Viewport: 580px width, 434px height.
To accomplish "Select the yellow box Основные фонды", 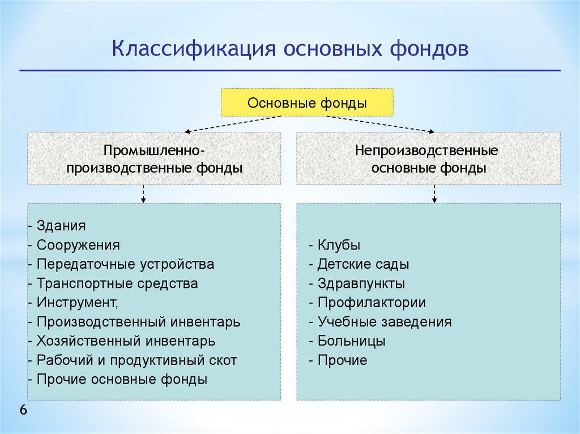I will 307,103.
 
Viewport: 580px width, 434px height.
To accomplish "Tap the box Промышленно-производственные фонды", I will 154,159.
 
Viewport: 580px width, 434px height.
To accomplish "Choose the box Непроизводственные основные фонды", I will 428,159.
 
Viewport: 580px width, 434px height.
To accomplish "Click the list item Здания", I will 61,226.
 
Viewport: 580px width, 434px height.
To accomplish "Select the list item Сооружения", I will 78,245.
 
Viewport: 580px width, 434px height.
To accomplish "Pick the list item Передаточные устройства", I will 125,264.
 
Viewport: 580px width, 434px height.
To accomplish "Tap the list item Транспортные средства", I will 117,283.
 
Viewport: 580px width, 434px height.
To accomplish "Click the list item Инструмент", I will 78,303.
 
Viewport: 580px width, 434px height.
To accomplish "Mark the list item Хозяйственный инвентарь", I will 126,341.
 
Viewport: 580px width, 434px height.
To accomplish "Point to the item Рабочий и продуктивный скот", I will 137,360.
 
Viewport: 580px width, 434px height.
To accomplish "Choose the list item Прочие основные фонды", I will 122,380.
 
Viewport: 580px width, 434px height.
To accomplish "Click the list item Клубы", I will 339,246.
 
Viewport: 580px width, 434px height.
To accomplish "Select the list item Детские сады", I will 363,264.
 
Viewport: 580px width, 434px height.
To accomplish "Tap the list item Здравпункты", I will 361,283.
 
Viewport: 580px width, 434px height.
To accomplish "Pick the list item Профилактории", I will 372,303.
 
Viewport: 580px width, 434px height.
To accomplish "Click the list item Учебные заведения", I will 385,322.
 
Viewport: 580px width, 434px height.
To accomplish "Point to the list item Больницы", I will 351,341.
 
